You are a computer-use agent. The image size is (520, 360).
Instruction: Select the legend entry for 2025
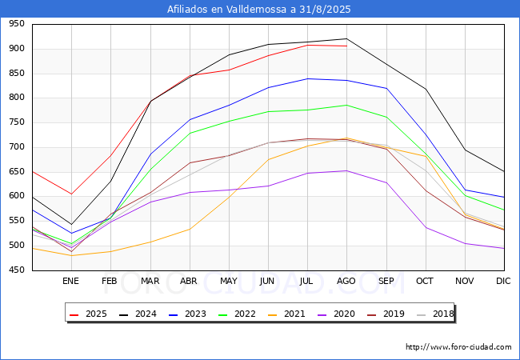88,314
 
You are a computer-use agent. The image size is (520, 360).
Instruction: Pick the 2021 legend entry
286,314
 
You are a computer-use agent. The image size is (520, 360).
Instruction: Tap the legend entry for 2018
435,314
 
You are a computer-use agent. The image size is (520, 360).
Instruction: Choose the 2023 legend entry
187,314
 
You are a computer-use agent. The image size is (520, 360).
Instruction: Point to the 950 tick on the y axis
17,24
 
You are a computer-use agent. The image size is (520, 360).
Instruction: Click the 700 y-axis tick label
17,147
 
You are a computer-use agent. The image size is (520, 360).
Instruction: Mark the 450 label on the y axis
17,270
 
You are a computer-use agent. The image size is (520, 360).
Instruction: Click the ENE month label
70,281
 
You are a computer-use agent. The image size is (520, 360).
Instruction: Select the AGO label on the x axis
346,281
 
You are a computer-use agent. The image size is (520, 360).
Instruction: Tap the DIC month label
503,281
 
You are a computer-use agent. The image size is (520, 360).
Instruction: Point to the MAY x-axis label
229,281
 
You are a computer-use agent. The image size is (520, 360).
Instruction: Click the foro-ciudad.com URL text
458,346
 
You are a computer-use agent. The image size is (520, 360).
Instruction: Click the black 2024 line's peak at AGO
347,38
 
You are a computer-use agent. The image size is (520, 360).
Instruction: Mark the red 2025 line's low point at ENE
71,194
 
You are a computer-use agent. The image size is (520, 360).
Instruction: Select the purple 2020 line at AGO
347,170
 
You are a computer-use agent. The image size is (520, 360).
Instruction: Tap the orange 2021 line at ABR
190,229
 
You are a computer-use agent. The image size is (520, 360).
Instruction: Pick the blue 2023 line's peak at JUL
308,78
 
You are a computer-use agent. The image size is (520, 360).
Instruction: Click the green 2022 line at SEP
386,117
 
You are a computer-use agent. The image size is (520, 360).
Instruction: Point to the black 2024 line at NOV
466,150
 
